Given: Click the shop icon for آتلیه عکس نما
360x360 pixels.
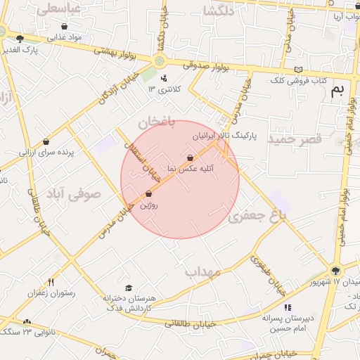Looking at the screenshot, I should coord(190,158).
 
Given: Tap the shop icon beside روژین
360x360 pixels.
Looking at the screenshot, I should coord(148,194).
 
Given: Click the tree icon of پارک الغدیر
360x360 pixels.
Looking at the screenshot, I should coord(20,39).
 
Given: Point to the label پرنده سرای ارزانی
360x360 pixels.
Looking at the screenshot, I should coord(46,151).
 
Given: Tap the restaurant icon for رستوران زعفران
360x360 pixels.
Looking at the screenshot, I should coord(51,282).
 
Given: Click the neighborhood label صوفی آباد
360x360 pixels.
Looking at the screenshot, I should coord(73,195).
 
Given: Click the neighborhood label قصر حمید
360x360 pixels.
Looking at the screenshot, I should coord(294,139).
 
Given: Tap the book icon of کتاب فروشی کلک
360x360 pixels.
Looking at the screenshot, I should coord(300,70).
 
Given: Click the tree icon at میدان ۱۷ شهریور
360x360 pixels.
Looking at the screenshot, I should coord(335,270).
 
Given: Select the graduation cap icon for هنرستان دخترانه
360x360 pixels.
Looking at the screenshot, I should coord(128,288).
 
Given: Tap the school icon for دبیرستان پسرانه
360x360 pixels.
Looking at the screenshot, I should coord(287,307).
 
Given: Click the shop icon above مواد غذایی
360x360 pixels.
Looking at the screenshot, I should coord(64,26).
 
